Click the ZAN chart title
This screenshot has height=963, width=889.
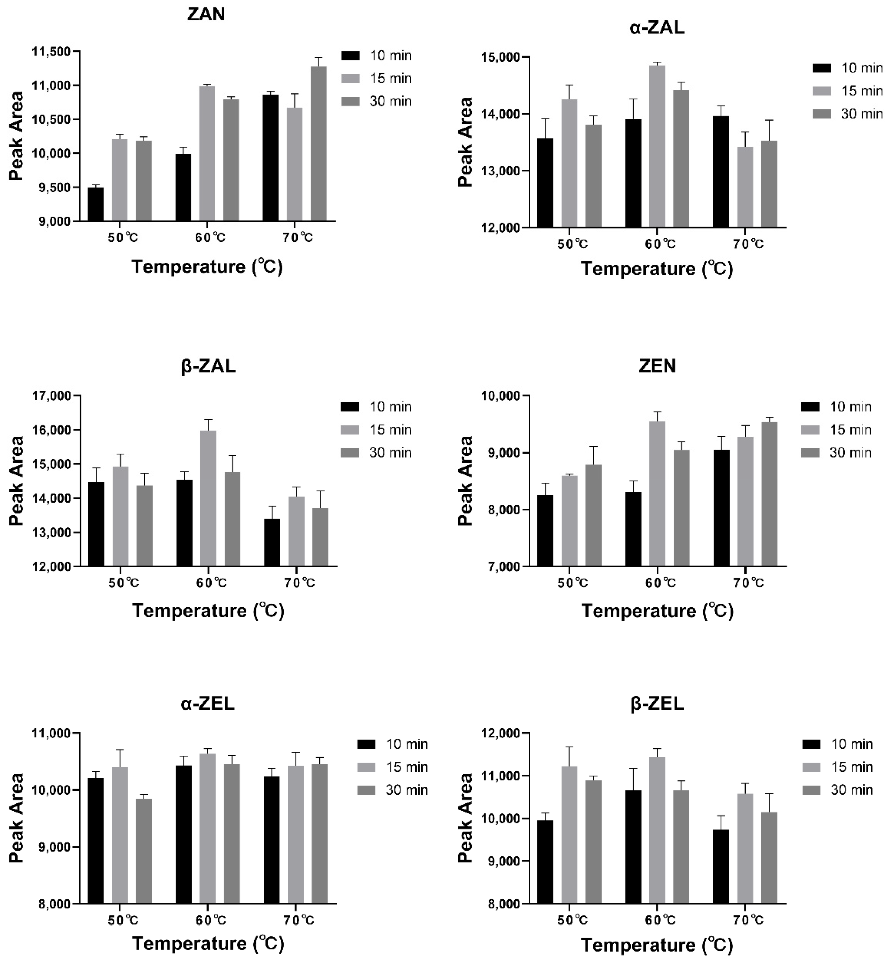(x=206, y=14)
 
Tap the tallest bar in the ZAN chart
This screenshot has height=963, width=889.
(x=318, y=144)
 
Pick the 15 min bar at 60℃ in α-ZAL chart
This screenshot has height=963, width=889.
(x=657, y=147)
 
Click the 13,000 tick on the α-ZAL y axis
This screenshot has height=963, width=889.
(x=500, y=171)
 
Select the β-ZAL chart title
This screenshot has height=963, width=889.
(x=208, y=367)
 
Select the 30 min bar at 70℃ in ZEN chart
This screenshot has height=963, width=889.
(x=770, y=494)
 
